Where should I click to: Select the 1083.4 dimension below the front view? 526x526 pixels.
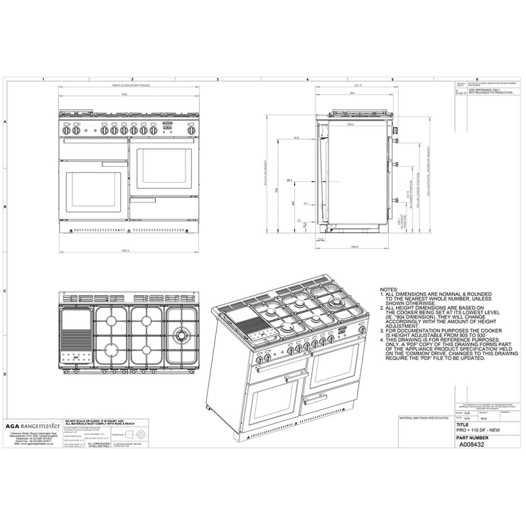(x=125, y=249)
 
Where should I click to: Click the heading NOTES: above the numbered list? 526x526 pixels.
(x=389, y=289)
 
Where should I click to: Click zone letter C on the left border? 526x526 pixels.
(x=6, y=291)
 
